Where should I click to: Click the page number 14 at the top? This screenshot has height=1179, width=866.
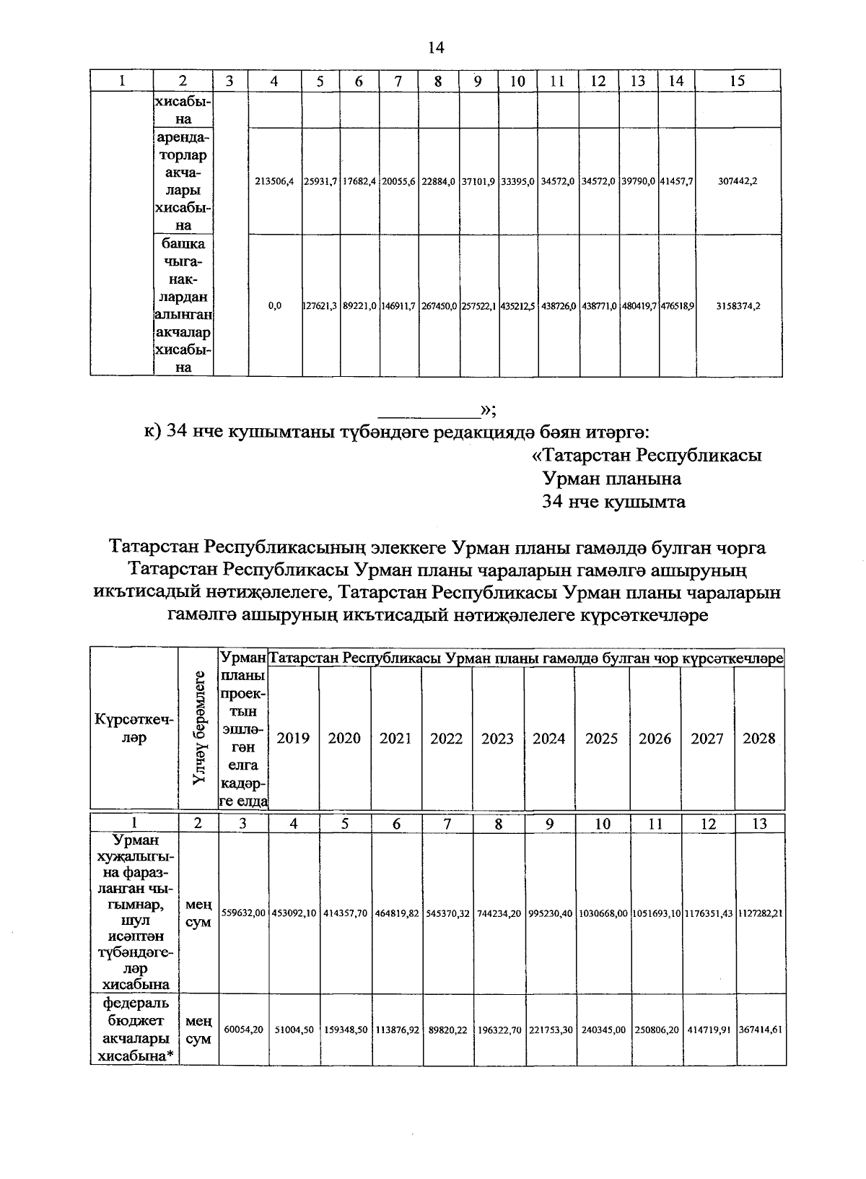[434, 48]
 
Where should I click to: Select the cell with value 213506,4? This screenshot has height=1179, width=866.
[274, 181]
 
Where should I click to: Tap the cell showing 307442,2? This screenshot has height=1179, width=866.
[738, 181]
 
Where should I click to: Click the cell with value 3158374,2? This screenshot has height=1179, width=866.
[738, 305]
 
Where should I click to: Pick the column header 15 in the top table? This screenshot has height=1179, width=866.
[738, 81]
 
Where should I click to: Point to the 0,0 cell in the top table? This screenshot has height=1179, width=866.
[274, 305]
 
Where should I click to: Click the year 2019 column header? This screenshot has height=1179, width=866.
[293, 738]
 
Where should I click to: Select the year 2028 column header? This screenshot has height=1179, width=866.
[758, 738]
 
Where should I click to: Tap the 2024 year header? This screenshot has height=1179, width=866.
[549, 738]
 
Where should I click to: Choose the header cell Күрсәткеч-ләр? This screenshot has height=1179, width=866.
[134, 729]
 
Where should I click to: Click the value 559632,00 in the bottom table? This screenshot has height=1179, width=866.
[243, 913]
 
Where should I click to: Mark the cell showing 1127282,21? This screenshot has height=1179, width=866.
[760, 913]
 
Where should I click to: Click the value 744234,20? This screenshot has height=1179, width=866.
[498, 913]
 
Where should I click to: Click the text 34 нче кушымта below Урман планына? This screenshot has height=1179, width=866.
[613, 502]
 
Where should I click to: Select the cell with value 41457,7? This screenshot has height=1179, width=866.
[677, 181]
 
